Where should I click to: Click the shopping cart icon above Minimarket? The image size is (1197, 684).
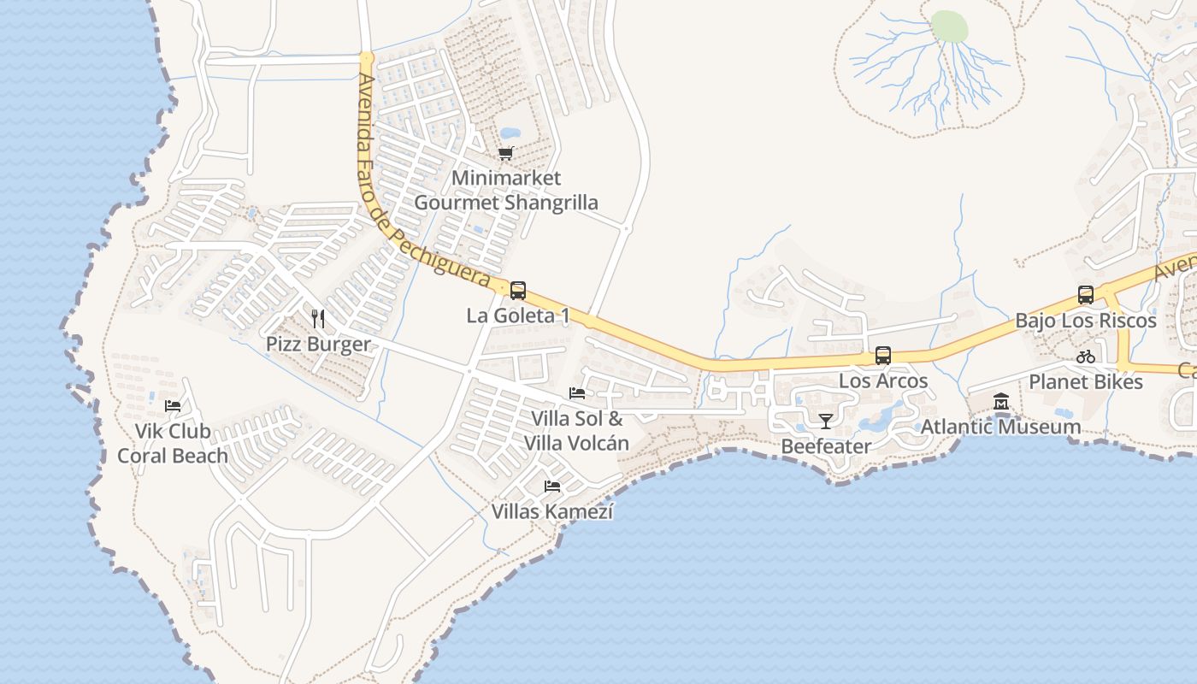[506, 154]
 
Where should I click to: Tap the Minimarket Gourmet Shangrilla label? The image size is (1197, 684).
[506, 191]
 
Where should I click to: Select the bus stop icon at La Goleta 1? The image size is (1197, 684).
[518, 291]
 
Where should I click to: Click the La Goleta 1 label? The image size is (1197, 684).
[518, 315]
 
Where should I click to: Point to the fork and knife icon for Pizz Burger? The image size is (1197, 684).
[318, 319]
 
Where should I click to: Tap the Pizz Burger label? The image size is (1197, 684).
[318, 345]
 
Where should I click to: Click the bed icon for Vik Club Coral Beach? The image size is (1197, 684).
[173, 405]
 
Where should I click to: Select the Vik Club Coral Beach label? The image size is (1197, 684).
[173, 444]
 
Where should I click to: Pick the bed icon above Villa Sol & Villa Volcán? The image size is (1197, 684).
[577, 393]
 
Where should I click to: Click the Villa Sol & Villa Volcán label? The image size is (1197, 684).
[577, 431]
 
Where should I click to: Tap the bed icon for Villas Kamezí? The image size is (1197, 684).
[552, 486]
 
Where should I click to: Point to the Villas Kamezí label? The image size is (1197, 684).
[552, 511]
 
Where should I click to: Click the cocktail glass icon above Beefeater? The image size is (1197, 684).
[825, 421]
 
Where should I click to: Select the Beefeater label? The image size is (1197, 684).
[825, 446]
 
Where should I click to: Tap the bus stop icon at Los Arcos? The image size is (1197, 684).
[883, 356]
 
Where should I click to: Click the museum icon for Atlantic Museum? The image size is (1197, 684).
[1001, 401]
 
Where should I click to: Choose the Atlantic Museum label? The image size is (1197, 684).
[1001, 426]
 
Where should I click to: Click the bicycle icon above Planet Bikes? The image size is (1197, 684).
[1086, 357]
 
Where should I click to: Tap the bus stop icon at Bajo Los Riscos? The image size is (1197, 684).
[1086, 296]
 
